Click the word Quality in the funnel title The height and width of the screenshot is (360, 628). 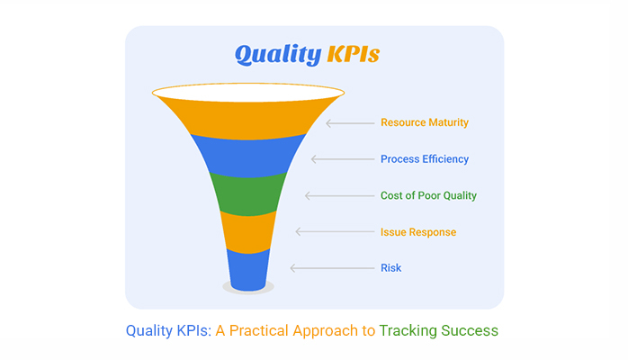coord(278,55)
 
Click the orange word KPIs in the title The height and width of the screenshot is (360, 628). coord(354,54)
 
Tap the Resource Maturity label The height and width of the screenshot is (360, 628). coord(425,122)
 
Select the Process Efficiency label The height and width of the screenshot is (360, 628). coord(425,159)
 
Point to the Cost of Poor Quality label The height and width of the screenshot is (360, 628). coord(428,195)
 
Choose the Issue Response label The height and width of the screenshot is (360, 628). coord(418,232)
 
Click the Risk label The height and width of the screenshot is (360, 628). coord(390,268)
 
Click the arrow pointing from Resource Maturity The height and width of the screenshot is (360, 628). coord(350,123)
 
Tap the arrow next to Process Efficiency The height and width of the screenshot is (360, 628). coord(343,159)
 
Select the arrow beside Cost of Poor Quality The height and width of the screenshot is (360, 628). coord(339,195)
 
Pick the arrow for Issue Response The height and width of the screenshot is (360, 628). coord(335,231)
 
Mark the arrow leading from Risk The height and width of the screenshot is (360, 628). coord(332,268)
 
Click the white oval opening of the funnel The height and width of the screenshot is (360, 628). coord(248,93)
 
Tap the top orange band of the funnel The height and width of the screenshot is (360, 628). coord(248,119)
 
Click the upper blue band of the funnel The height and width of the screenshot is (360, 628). coord(248,157)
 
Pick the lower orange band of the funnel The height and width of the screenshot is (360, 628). coord(248,233)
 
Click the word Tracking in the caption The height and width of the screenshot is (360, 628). coord(408,331)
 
